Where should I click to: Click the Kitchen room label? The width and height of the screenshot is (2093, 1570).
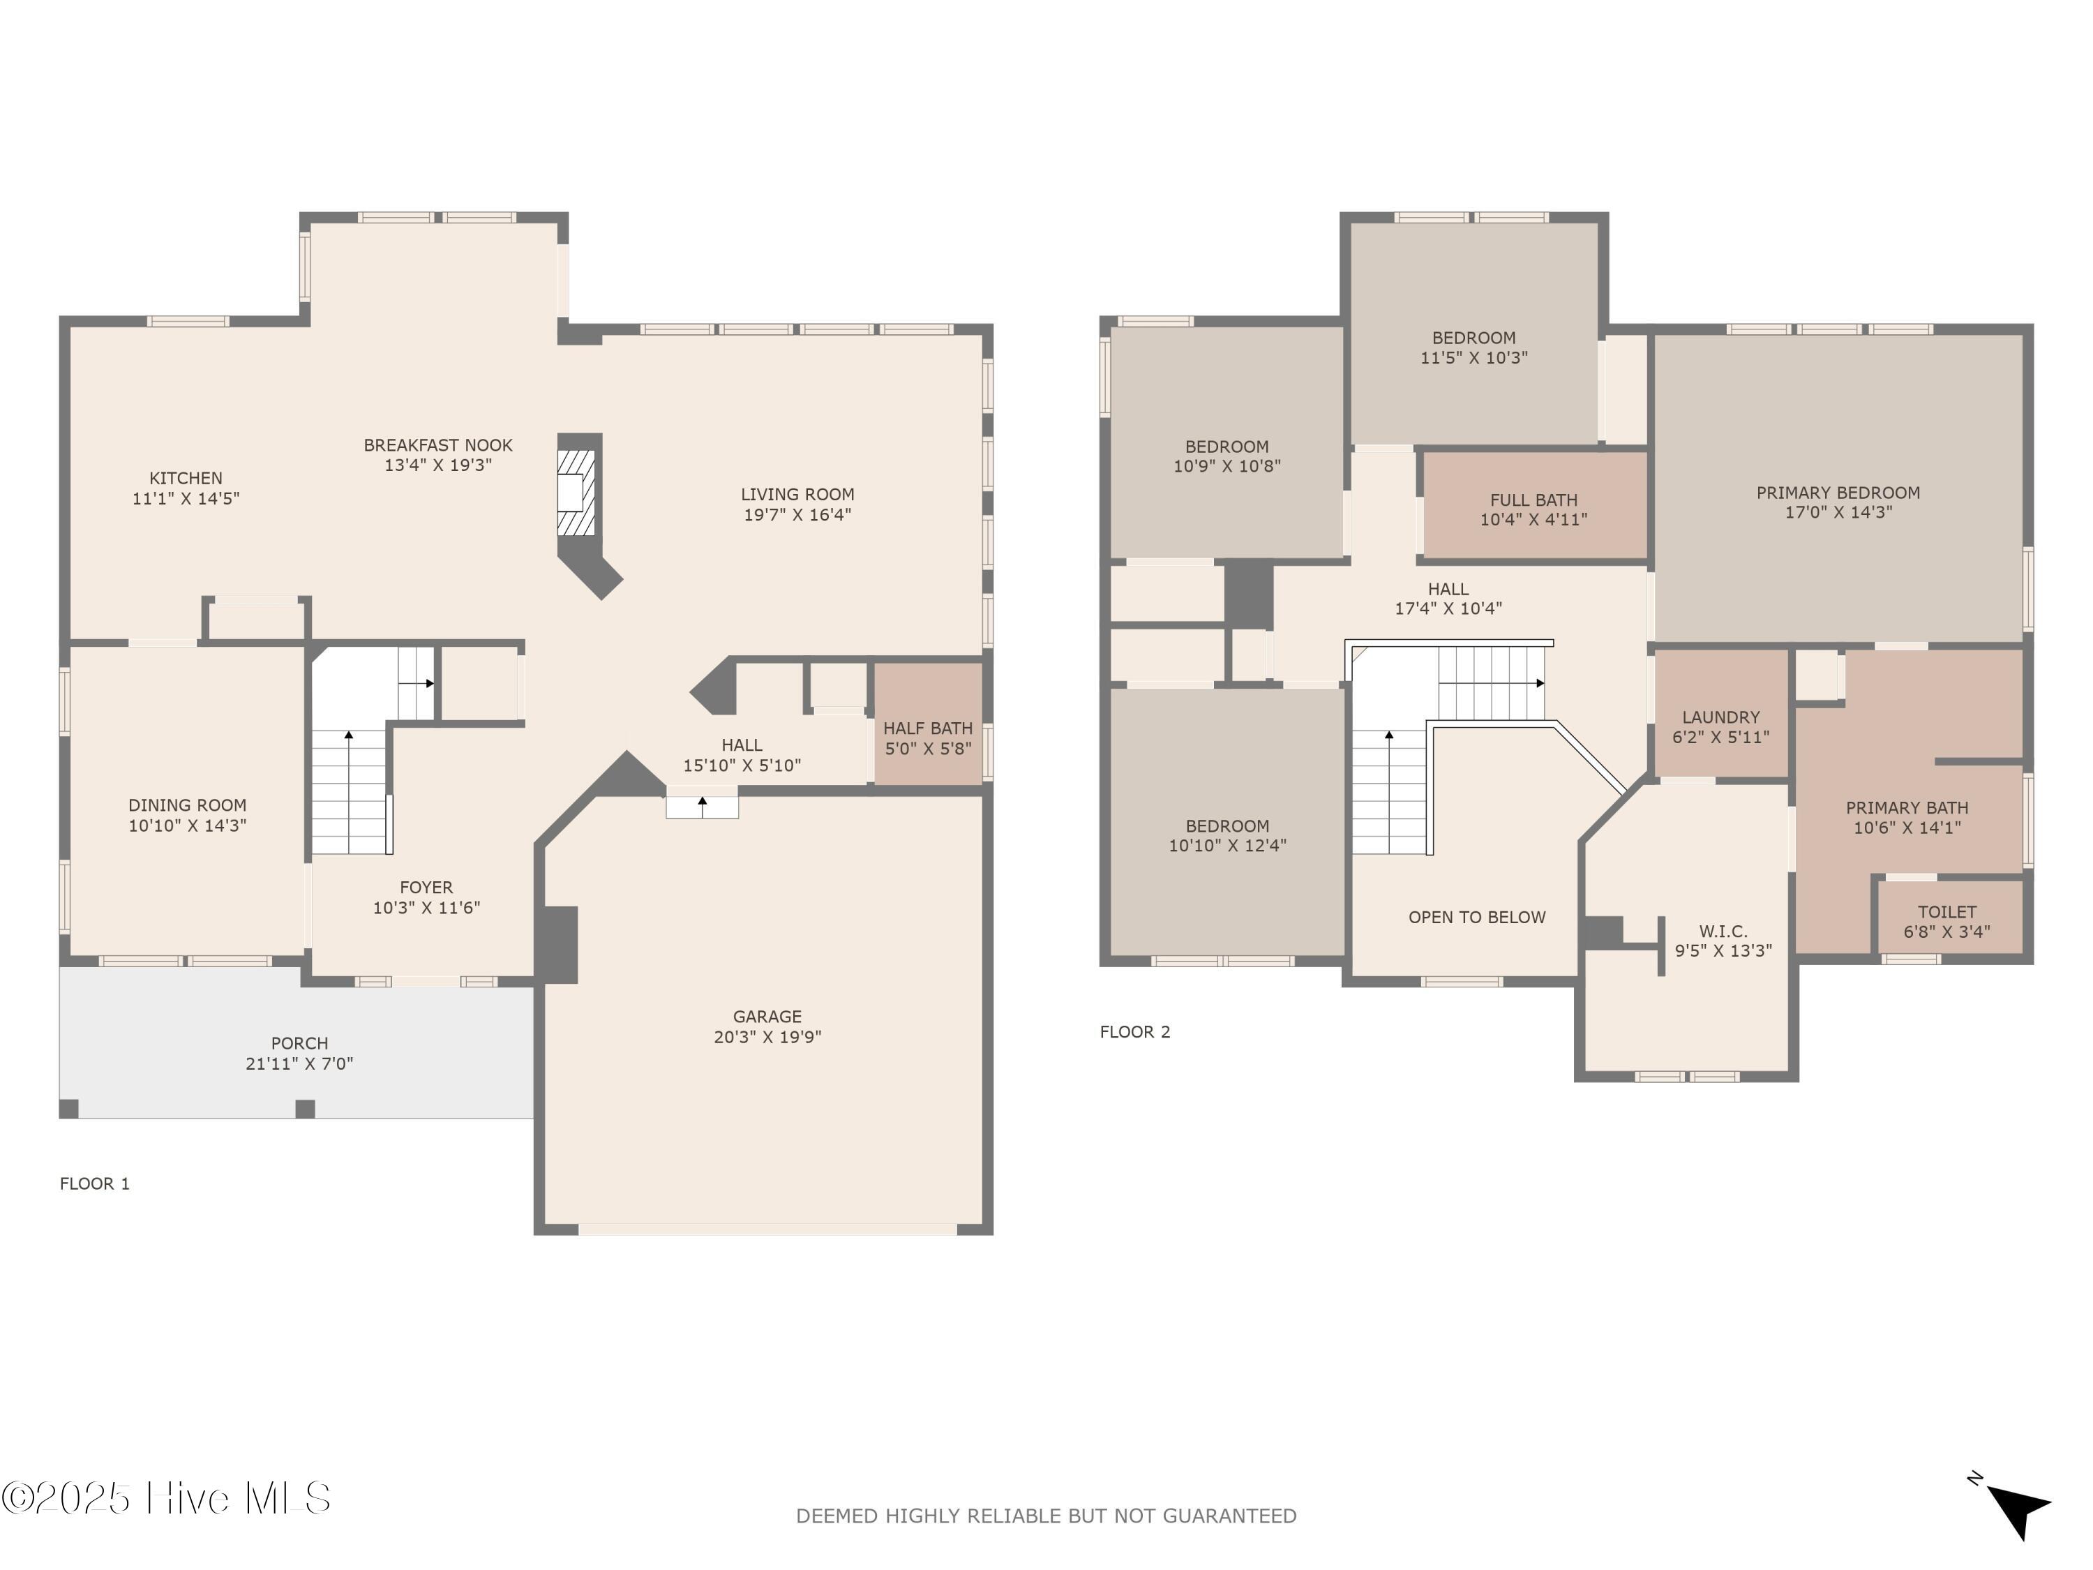(x=186, y=478)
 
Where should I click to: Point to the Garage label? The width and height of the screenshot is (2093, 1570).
(x=767, y=1017)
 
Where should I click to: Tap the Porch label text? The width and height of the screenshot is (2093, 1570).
(x=299, y=1043)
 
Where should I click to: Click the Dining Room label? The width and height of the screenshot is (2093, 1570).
(x=188, y=805)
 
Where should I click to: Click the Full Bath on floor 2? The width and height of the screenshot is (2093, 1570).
(x=1533, y=505)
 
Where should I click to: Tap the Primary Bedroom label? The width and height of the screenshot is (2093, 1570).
(x=1838, y=492)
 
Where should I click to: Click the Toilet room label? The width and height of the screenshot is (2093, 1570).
(x=1946, y=911)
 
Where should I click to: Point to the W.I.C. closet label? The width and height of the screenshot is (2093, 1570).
(x=1723, y=932)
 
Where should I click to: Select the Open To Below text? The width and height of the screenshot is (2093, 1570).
(x=1477, y=917)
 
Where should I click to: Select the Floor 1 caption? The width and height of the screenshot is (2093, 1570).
(x=95, y=1183)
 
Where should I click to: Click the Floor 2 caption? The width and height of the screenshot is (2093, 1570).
(x=1134, y=1031)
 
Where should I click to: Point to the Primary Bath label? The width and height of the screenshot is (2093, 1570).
(x=1907, y=807)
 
